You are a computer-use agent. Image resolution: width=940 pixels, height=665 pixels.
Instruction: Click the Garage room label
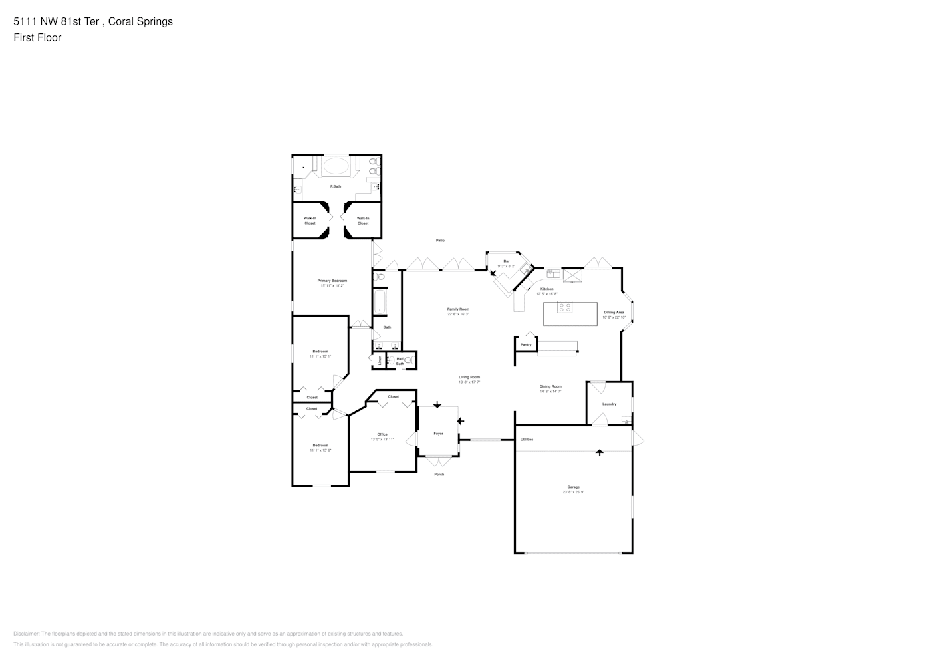coord(573,487)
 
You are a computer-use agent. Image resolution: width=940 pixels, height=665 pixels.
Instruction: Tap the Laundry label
coord(609,404)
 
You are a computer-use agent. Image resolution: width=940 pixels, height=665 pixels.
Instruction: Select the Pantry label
coord(526,344)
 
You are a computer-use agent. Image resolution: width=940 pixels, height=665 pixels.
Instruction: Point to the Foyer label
coord(438,433)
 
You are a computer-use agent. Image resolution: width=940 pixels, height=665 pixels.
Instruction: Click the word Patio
coord(440,240)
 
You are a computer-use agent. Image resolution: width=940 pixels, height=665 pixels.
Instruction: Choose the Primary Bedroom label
coord(332,281)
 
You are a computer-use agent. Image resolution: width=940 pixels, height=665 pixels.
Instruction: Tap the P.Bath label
coord(336,186)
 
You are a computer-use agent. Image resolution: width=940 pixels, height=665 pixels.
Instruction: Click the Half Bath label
coord(400,361)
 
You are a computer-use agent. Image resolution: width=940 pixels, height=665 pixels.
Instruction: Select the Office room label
coord(382,434)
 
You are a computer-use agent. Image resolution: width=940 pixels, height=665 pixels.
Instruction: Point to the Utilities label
coord(527,439)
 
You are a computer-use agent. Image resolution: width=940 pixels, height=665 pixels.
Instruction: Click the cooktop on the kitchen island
coord(564,307)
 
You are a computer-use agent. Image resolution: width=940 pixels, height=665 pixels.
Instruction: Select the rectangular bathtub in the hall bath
coord(380,301)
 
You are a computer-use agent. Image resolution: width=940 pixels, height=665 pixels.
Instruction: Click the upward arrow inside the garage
coord(599,452)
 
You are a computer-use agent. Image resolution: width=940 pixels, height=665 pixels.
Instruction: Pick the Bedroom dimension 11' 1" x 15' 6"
coord(320,450)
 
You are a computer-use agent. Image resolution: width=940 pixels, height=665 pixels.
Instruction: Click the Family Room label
coord(458,309)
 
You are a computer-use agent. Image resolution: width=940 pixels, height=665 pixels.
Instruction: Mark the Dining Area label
coord(613,312)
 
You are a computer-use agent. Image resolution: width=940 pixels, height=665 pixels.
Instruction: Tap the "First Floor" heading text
coord(37,37)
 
